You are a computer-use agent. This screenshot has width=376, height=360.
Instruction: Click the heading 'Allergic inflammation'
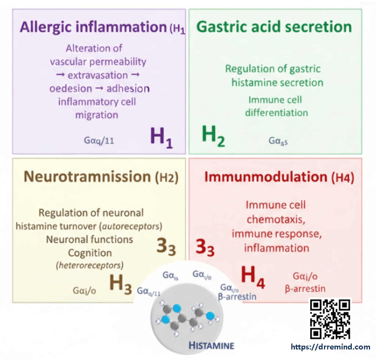click(93, 28)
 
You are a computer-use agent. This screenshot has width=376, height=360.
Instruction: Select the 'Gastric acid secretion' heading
click(274, 27)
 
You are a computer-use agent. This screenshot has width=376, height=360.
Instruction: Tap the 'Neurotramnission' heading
click(87, 177)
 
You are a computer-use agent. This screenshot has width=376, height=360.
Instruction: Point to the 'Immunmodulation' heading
click(265, 177)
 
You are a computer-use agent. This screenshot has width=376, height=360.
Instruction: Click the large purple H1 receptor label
click(161, 138)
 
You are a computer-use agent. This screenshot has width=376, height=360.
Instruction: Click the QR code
click(330, 319)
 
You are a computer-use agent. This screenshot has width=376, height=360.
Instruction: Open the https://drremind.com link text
click(330, 347)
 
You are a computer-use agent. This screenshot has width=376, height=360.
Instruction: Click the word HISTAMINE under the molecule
click(211, 345)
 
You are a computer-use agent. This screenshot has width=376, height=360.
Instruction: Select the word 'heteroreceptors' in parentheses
click(90, 265)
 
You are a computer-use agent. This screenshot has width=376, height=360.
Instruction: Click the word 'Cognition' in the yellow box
click(90, 252)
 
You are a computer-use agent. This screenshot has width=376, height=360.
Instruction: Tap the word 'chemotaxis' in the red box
click(275, 219)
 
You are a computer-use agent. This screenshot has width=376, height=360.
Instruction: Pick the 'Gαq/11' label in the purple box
click(99, 140)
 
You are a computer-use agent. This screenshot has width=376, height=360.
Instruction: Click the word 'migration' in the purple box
click(97, 115)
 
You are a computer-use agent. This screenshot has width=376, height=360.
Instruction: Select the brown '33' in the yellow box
click(166, 248)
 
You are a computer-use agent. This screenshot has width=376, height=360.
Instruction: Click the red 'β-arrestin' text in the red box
click(305, 289)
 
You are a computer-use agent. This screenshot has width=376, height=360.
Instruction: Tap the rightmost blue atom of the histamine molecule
click(210, 316)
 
